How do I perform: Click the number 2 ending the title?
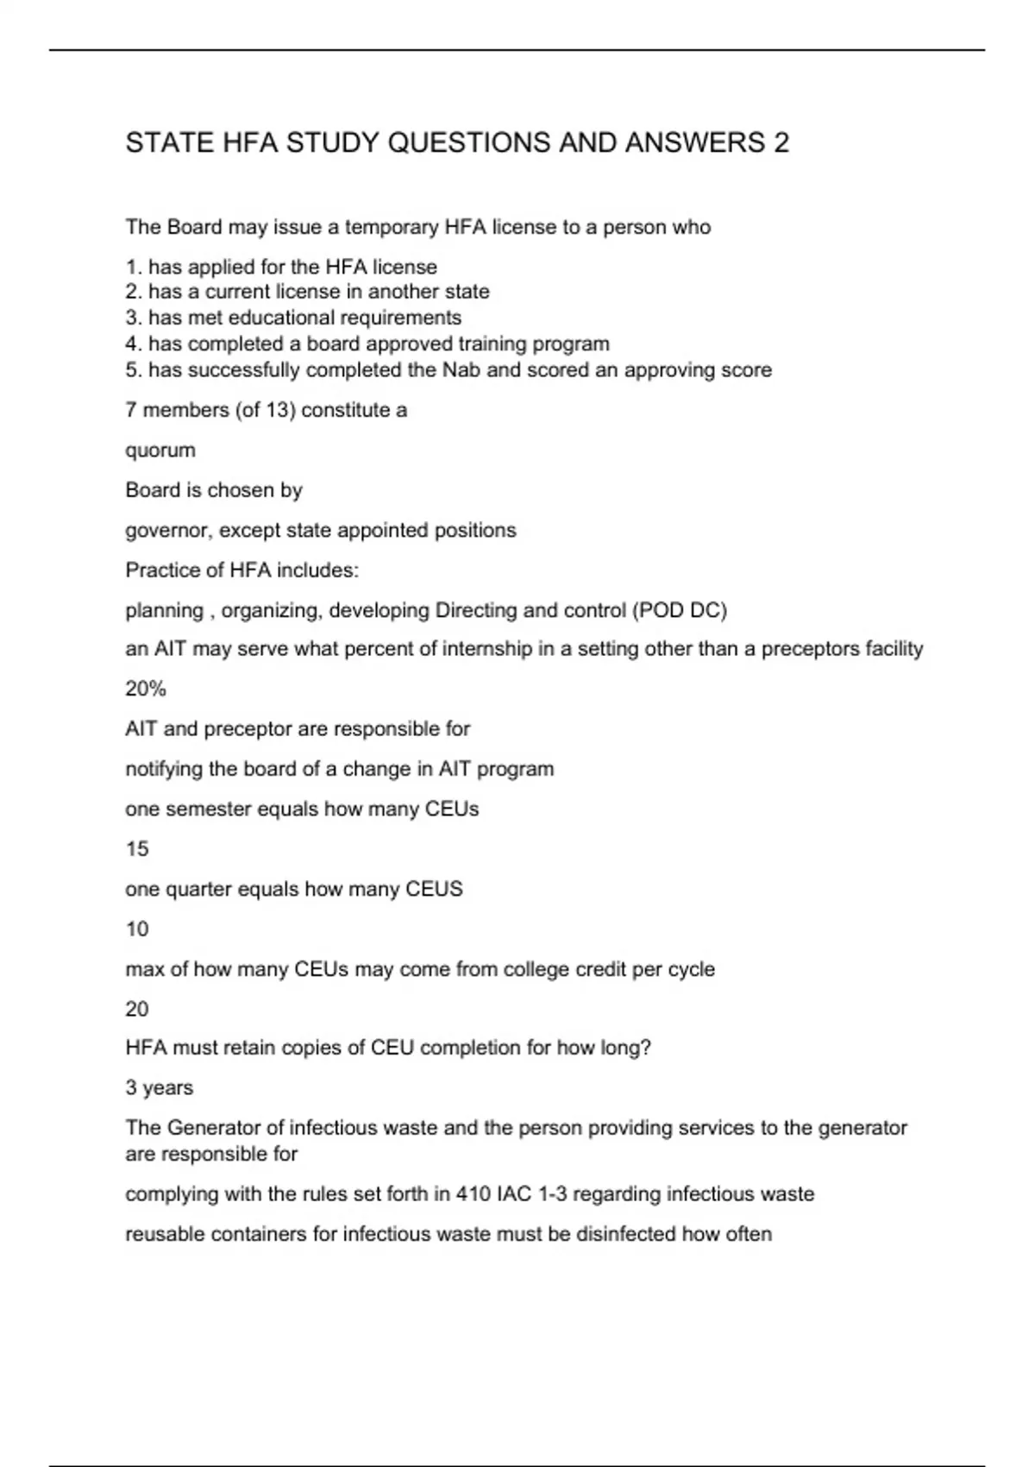[781, 142]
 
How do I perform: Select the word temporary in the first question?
[392, 227]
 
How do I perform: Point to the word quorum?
[160, 450]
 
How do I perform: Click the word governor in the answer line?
[167, 531]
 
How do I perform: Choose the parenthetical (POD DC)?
[680, 610]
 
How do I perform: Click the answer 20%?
[146, 689]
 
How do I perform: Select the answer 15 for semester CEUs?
[137, 849]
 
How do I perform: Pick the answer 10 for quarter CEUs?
[137, 929]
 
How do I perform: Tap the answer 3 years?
[160, 1087]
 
